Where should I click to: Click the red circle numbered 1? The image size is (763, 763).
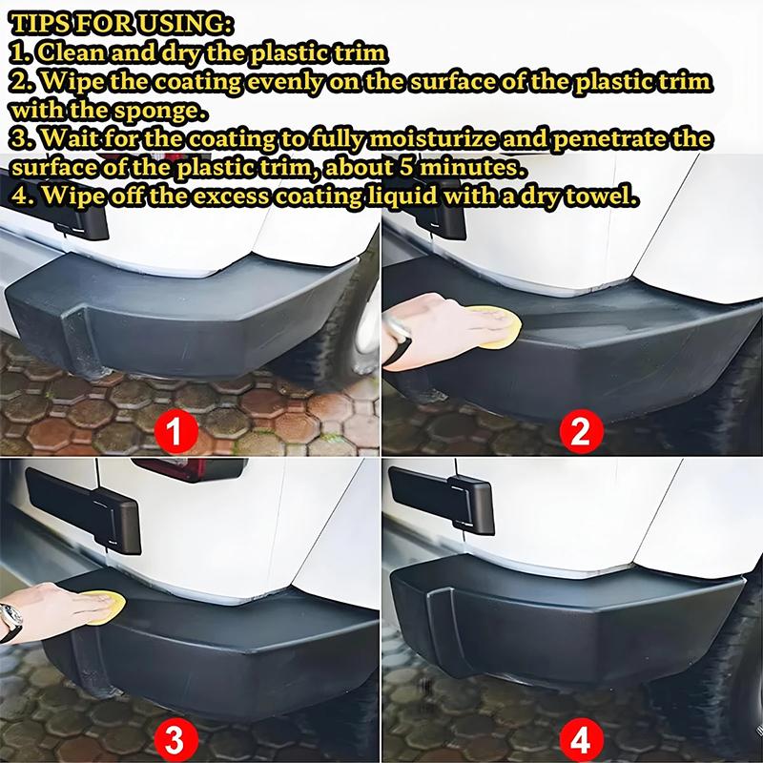(x=175, y=432)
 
